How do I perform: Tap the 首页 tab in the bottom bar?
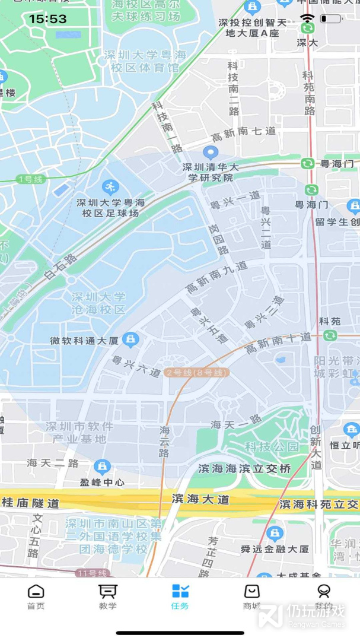(x=36, y=596)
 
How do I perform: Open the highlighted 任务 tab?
(x=180, y=596)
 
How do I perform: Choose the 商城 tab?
(x=252, y=596)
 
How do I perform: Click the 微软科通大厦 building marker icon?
(x=131, y=339)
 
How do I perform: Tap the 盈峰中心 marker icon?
(x=102, y=467)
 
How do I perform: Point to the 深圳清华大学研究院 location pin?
(x=211, y=153)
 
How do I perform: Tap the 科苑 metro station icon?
(x=330, y=335)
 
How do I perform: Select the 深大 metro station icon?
(x=307, y=28)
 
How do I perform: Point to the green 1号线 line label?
(x=30, y=179)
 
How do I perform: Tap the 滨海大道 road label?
(x=200, y=500)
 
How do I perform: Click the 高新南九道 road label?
(x=217, y=277)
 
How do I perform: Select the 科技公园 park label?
(x=263, y=446)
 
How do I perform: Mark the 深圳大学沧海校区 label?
(x=98, y=303)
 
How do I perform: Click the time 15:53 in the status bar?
(x=47, y=19)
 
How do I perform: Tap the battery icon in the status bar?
(x=330, y=19)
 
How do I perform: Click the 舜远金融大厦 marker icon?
(x=274, y=534)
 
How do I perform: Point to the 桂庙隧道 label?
(x=31, y=503)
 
